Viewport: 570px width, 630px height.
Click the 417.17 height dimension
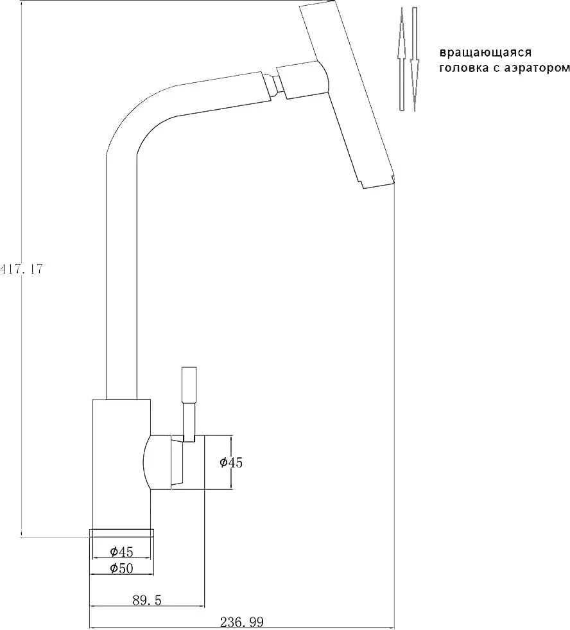(x=21, y=269)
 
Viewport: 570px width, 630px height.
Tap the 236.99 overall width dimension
(x=241, y=623)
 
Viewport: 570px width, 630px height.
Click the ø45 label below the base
(x=121, y=552)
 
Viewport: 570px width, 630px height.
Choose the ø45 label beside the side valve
(x=231, y=462)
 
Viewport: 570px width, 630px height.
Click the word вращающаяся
(x=485, y=53)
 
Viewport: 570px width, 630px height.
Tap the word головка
(x=463, y=68)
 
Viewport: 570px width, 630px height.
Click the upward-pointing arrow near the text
(x=401, y=58)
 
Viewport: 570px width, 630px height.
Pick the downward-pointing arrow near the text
(x=415, y=58)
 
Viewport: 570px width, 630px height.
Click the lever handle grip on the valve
(x=189, y=385)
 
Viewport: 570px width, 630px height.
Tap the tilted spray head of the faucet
(x=347, y=94)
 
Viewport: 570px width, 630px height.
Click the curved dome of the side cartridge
(x=157, y=462)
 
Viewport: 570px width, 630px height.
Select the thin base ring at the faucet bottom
(x=121, y=532)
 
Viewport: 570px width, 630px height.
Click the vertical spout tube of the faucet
(x=121, y=277)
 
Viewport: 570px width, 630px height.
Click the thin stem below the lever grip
(x=189, y=423)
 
